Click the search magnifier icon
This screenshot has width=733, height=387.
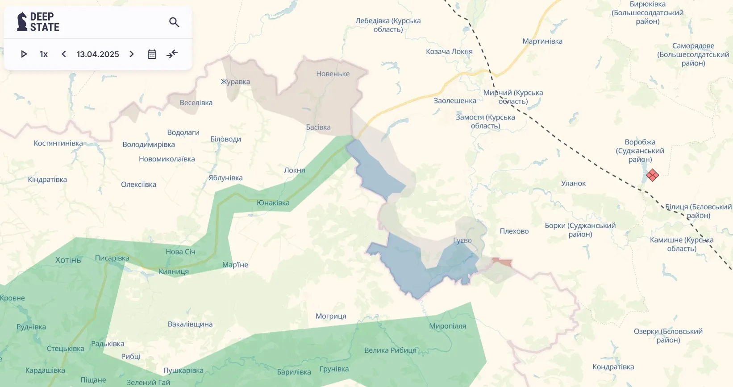coord(174,22)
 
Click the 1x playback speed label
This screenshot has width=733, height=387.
coord(44,54)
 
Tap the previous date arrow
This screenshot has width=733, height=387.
coord(64,54)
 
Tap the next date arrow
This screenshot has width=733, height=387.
coord(132,54)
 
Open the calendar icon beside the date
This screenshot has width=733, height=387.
coord(152,54)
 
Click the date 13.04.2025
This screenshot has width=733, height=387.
coord(98,54)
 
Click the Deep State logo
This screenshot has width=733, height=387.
coord(38,22)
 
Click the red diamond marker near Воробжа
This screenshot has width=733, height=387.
coord(652,175)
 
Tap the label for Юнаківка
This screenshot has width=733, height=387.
coord(273,203)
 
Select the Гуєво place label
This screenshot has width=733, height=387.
coord(462,240)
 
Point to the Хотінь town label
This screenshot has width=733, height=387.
coord(68,260)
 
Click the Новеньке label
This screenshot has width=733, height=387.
coord(333,74)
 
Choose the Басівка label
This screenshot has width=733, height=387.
coord(318,128)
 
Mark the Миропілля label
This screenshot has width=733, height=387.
coord(447,326)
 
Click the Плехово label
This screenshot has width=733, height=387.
coord(514,231)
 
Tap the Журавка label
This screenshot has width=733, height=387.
coord(235,82)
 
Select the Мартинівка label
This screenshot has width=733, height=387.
coord(542,41)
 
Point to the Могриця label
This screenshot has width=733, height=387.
coord(331,317)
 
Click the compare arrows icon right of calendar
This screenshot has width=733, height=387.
coord(172,54)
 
